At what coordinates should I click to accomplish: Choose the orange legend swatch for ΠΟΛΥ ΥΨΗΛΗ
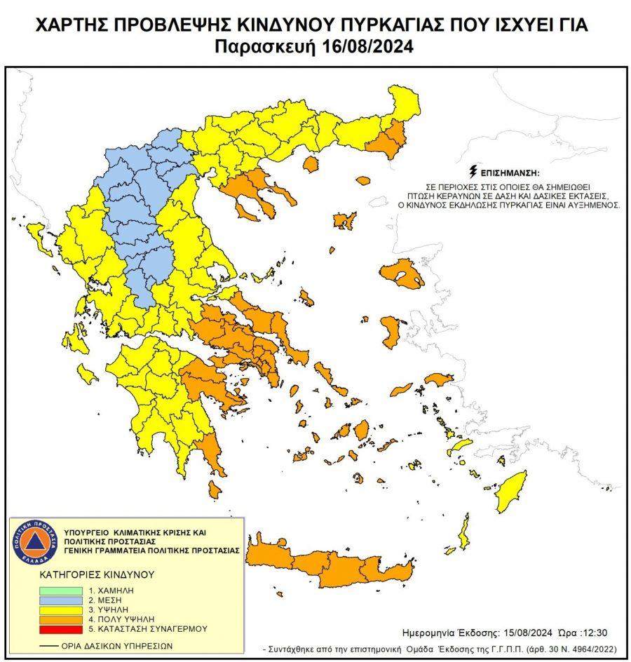(60, 622)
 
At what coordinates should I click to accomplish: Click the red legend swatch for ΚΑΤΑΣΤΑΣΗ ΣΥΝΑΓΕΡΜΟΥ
(60, 632)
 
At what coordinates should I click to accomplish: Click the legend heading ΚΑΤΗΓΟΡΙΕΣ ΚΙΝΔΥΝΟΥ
(96, 575)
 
